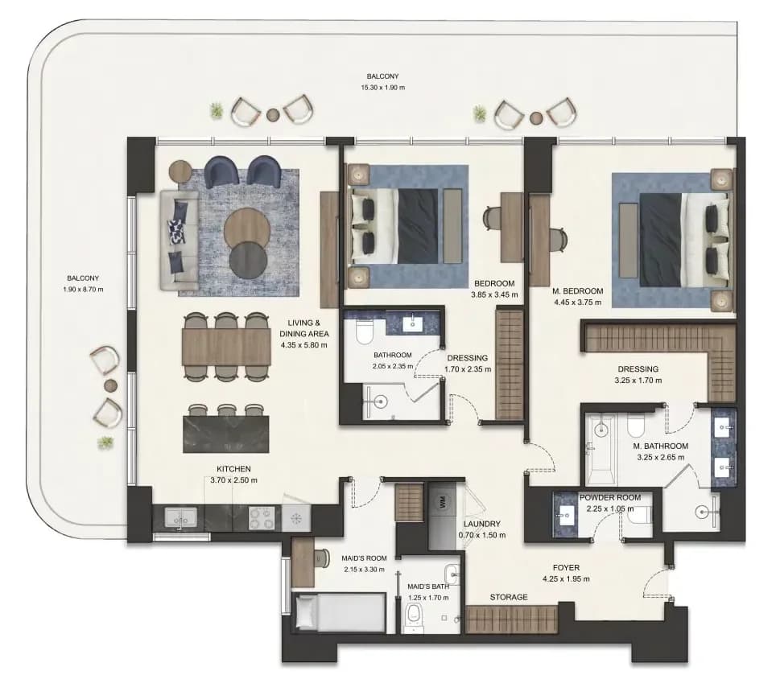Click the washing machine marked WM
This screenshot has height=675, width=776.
[x=441, y=502]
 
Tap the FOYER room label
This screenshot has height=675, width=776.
[x=566, y=568]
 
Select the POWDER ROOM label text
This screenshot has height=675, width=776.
[x=610, y=497]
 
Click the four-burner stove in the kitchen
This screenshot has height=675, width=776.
[x=261, y=518]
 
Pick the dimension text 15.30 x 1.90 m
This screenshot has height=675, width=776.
[x=382, y=88]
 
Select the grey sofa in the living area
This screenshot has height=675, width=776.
[x=179, y=241]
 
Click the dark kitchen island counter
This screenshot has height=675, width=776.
[x=226, y=434]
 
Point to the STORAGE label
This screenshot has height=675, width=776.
[x=509, y=597]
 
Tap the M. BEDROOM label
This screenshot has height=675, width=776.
[x=577, y=290]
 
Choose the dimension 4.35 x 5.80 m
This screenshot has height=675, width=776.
[x=303, y=345]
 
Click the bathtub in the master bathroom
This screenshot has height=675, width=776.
[x=601, y=449]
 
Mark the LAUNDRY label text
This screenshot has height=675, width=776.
[x=482, y=524]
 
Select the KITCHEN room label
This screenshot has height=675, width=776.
[x=233, y=469]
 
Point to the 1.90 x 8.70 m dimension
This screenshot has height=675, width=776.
[x=83, y=290]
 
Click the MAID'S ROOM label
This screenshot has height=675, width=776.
[x=364, y=558]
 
